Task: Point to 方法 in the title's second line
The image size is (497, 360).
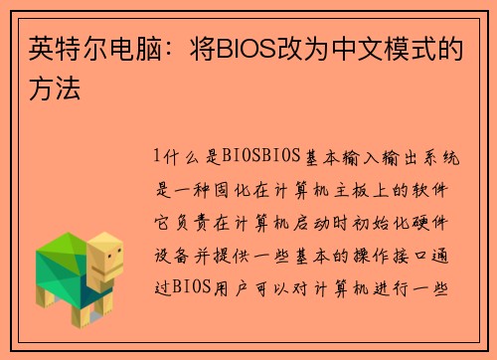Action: (48, 88)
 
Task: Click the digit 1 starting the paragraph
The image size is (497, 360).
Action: (157, 156)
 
